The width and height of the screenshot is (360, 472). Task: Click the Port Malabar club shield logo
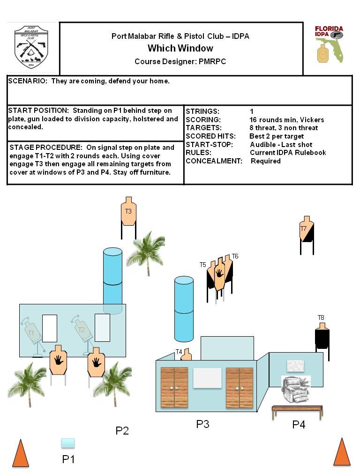coord(31,48)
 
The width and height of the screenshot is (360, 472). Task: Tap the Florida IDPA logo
coord(329,44)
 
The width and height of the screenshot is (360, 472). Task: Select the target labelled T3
coord(128,212)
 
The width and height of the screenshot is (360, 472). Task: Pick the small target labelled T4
coord(186,354)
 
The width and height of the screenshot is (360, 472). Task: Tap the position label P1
coord(68,459)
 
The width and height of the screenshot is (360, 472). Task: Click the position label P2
coord(122,431)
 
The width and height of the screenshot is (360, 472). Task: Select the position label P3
coord(202,424)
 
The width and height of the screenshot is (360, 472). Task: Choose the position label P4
coord(299,425)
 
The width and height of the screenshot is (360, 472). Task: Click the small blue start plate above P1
coord(68,443)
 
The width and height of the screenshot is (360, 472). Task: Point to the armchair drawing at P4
coord(295,390)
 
